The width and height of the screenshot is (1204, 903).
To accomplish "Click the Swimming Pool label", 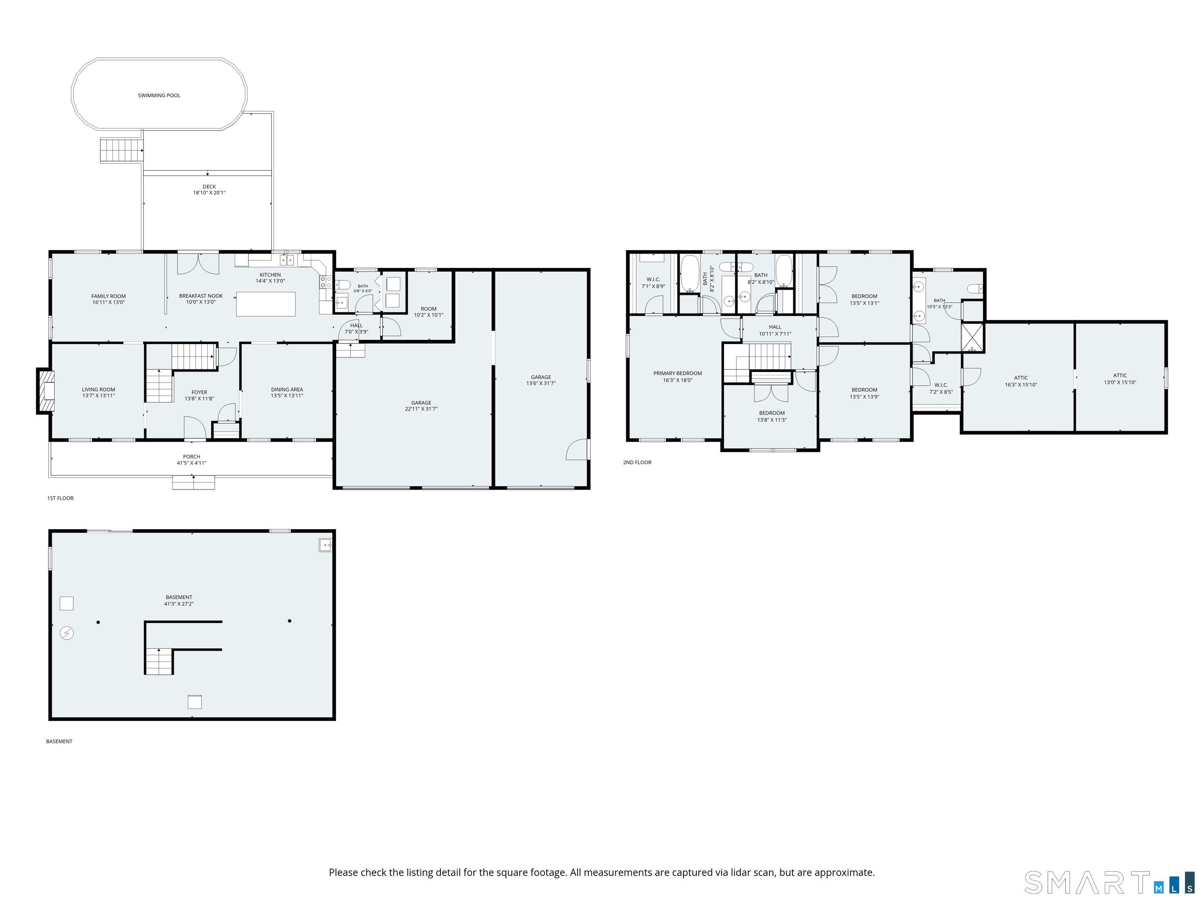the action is point(159,95).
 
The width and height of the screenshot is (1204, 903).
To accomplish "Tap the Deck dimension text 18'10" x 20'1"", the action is point(209,193).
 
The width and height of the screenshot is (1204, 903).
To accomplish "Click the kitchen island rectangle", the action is point(266,304).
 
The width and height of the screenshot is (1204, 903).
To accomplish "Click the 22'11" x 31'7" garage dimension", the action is point(421,409).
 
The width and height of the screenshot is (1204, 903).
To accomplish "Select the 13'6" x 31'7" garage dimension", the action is point(541,383).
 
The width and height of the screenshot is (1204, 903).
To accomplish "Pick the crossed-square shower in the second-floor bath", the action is point(973,337).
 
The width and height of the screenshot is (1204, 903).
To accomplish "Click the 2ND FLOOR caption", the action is point(637,462).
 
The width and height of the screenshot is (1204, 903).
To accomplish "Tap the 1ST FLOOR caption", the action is point(60,498).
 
